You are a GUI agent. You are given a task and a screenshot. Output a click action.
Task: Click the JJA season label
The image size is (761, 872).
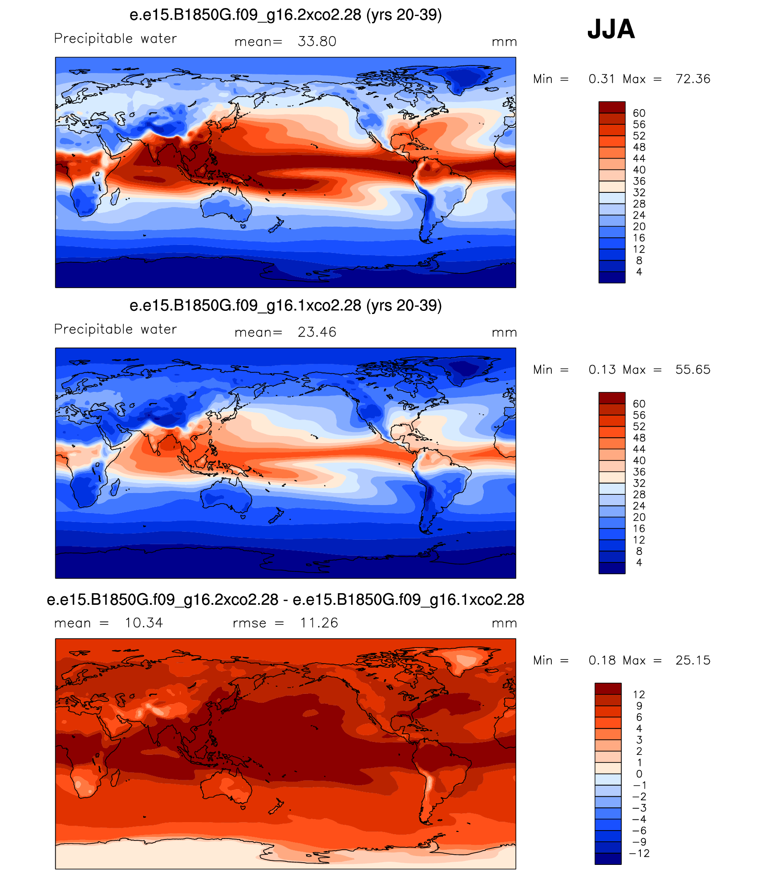611,29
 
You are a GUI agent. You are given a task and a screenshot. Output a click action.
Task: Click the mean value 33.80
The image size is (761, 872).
317,41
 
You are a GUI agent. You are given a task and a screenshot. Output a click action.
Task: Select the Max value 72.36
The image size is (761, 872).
693,79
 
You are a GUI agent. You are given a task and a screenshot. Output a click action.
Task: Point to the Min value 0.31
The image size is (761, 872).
602,79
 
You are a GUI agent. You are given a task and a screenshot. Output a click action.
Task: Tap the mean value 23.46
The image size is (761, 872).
317,332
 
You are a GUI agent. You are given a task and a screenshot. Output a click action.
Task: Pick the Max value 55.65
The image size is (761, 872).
693,370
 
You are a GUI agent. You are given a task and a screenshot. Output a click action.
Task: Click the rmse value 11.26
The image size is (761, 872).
319,623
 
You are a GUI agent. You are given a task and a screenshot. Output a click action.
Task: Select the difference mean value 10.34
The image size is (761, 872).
144,623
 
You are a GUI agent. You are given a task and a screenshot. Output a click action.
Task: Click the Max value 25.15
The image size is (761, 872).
693,660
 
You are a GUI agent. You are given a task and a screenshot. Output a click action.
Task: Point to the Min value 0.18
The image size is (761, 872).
602,660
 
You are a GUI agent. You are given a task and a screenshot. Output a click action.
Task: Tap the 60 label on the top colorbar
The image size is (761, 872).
639,113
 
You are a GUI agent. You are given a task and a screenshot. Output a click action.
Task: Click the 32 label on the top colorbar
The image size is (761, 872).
639,192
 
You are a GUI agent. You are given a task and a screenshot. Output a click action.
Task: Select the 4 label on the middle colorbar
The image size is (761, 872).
639,562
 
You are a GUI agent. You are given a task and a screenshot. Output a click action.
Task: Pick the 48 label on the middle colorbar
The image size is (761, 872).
639,438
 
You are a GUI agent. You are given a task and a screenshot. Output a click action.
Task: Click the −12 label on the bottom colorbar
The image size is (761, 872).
640,853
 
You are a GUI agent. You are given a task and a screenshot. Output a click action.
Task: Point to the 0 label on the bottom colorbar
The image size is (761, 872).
639,774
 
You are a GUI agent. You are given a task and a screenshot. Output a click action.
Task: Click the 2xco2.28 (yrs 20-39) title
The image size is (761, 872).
286,15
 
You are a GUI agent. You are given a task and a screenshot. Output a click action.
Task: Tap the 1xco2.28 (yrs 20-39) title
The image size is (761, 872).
286,306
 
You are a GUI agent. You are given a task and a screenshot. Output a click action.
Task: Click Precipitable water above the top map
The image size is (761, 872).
115,39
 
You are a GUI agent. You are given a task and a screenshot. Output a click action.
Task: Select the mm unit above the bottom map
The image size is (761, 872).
504,623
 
